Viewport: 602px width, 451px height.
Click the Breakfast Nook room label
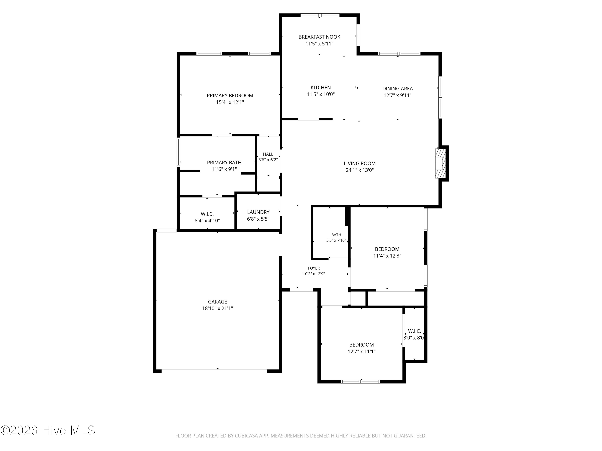click(319, 37)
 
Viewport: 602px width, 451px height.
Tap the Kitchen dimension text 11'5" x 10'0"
click(321, 94)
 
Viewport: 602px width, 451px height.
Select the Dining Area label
click(397, 89)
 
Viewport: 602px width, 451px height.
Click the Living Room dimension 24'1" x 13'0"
click(360, 170)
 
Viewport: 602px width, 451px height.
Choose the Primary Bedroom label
click(230, 96)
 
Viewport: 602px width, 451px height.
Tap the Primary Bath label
click(224, 163)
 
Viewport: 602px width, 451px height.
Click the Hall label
click(268, 154)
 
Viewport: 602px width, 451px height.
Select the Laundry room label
click(258, 212)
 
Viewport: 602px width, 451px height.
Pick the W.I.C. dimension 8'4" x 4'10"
click(207, 220)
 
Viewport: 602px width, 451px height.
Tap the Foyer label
click(314, 268)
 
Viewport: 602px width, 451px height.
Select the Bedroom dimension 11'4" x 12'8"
click(387, 256)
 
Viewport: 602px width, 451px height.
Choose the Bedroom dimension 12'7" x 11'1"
click(361, 352)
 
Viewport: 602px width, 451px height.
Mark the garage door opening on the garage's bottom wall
click(214, 371)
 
